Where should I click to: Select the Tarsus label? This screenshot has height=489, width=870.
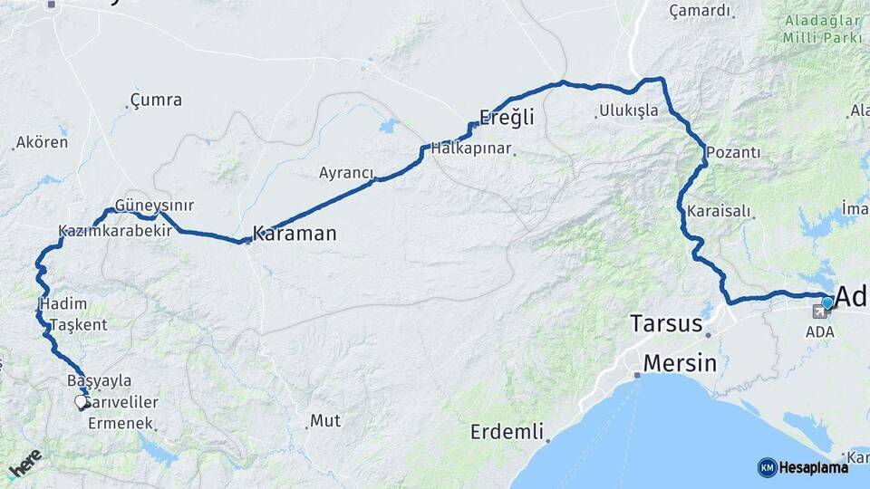[x=666, y=323]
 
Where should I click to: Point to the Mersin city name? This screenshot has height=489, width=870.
[x=680, y=364]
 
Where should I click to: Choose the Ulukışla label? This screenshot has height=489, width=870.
[x=628, y=112]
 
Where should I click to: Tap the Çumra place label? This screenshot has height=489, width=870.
[x=156, y=100]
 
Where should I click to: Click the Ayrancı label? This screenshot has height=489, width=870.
[x=346, y=172]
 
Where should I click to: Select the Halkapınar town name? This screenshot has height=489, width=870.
[x=471, y=148]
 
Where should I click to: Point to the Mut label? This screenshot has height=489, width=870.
[x=325, y=420]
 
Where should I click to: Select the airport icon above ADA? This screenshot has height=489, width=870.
[x=820, y=313]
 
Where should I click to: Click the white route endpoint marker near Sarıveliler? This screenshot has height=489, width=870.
[x=81, y=401]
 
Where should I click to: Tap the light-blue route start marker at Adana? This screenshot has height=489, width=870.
[x=827, y=302]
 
